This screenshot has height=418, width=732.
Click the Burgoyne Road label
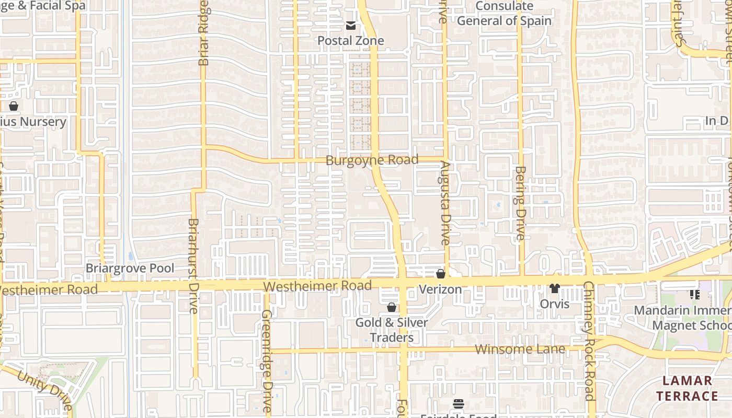(372, 160)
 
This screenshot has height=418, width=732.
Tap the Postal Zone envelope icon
(350, 26)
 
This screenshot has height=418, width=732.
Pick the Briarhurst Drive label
(193, 265)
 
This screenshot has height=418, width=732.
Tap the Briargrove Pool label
(130, 269)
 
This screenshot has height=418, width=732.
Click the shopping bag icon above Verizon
(441, 274)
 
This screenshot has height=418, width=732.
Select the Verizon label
(441, 289)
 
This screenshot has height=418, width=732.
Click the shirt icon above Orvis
(555, 288)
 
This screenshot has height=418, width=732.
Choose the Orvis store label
(555, 304)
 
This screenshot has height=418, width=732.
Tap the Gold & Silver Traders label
(392, 330)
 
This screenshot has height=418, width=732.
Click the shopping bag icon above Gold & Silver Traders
(391, 307)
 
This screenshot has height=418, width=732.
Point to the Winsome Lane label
(520, 349)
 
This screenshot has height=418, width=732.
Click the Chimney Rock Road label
(589, 341)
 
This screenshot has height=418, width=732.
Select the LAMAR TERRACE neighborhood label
(687, 388)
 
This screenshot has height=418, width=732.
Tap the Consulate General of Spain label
(504, 14)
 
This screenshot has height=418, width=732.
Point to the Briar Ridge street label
(204, 32)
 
